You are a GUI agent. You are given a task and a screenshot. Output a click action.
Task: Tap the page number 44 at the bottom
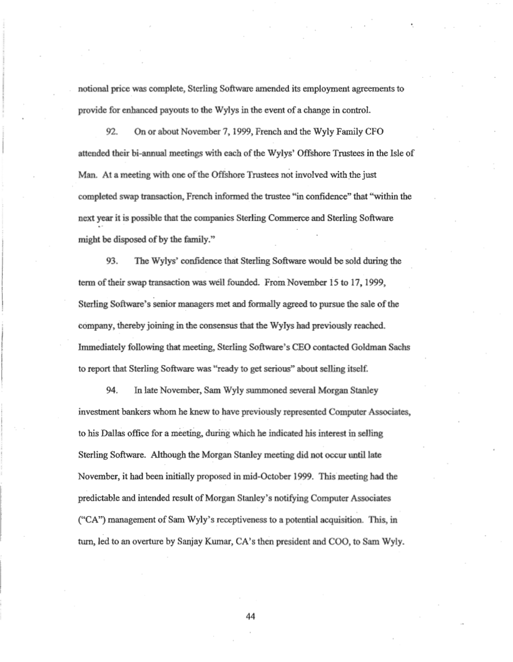click(x=251, y=616)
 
